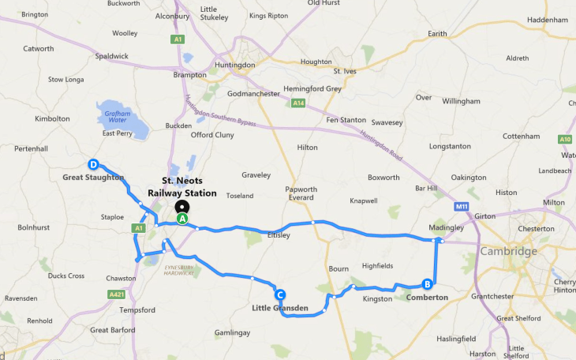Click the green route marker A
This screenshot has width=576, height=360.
tap(182, 219)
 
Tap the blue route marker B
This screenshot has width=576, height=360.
tap(427, 284)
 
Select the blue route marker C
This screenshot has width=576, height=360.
tap(279, 294)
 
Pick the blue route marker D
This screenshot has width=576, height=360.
tap(93, 165)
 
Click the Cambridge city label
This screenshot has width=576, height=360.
tap(508, 251)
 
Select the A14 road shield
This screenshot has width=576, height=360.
tap(298, 103)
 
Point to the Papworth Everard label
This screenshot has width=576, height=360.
tap(301, 194)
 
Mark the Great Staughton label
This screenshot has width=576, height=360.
tap(93, 178)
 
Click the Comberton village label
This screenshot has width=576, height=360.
tap(427, 298)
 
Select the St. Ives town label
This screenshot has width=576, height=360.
tap(346, 71)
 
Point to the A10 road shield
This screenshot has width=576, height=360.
tap(565, 140)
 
